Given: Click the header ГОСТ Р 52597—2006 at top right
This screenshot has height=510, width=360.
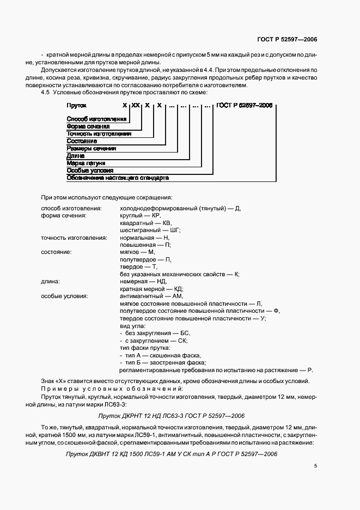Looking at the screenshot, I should pyautogui.click(x=287, y=40).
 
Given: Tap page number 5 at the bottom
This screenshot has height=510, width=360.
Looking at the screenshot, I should pyautogui.click(x=315, y=465).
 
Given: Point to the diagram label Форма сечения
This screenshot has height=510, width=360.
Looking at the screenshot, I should pyautogui.click(x=88, y=126).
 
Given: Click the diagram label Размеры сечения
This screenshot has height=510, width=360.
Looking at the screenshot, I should pyautogui.click(x=91, y=148).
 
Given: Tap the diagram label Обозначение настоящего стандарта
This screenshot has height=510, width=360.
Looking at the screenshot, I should pyautogui.click(x=117, y=178).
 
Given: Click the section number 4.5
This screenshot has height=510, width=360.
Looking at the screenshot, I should pyautogui.click(x=46, y=93).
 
